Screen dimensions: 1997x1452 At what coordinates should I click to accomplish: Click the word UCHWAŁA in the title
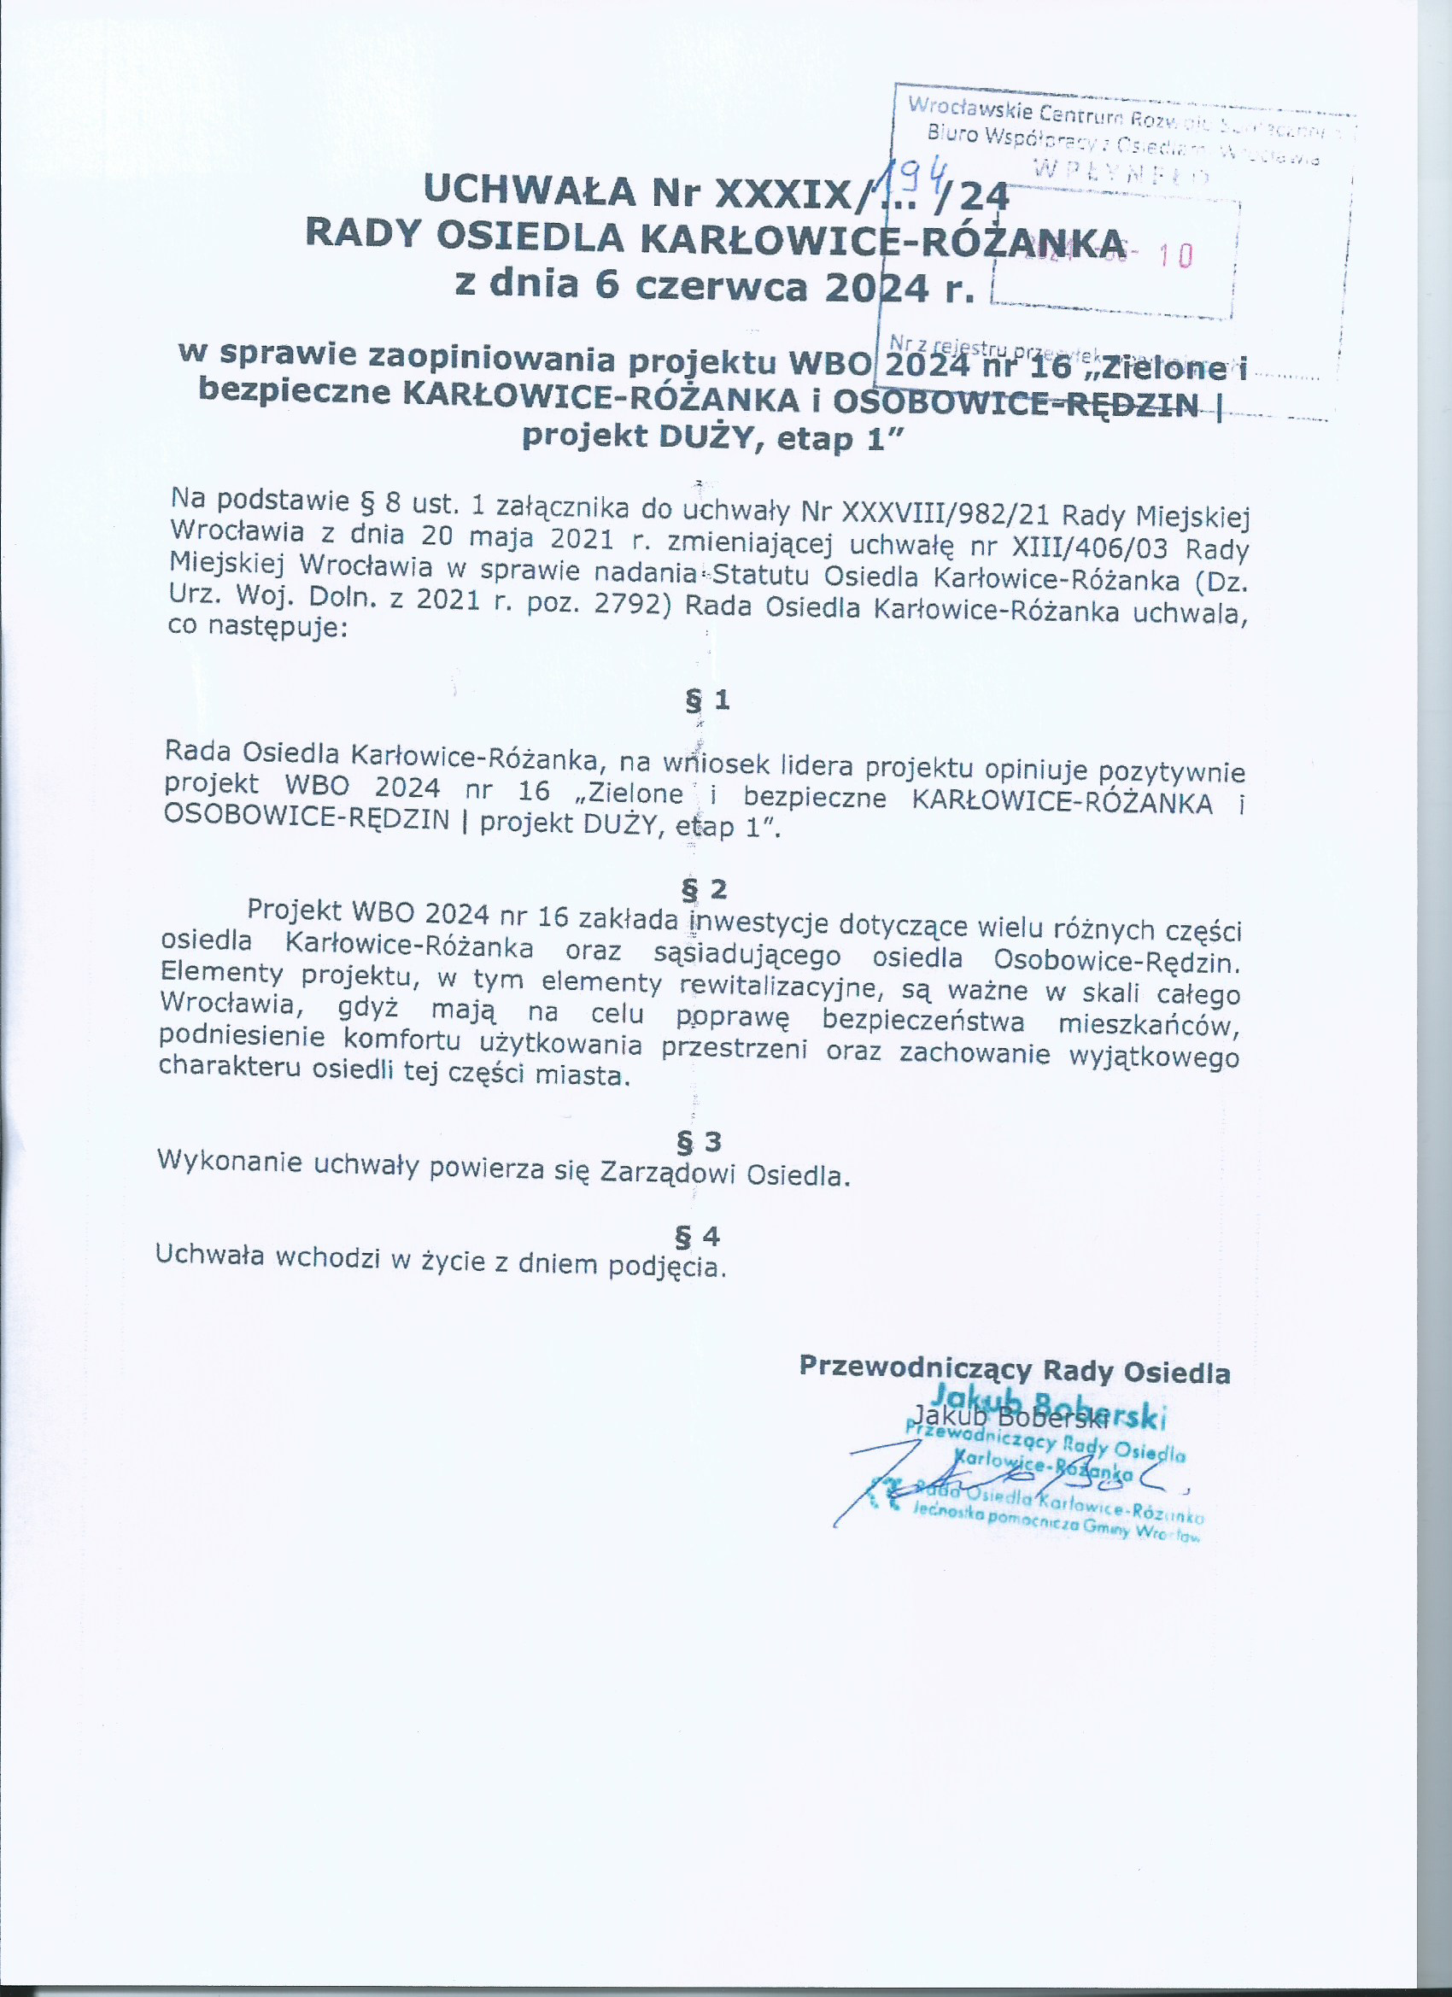click(x=529, y=190)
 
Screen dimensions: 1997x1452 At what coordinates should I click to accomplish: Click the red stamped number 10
click(x=1176, y=256)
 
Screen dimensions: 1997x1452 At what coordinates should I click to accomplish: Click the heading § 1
click(x=707, y=700)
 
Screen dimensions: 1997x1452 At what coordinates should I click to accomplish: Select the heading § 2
click(x=704, y=889)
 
